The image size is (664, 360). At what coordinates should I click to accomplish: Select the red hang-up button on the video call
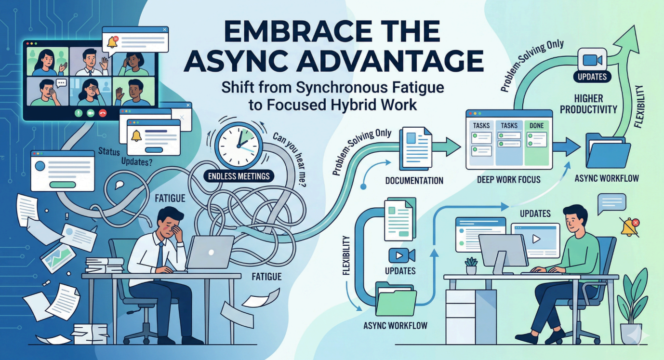click(102, 113)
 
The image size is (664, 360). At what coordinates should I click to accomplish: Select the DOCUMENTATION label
click(414, 181)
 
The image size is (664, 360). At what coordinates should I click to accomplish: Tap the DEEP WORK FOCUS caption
click(509, 180)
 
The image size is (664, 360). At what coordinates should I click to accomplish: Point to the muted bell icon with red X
click(630, 227)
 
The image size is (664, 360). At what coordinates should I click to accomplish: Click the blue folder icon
click(608, 152)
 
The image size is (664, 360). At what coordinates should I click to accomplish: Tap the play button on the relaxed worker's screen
click(535, 238)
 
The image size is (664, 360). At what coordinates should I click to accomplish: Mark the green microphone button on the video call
click(77, 113)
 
